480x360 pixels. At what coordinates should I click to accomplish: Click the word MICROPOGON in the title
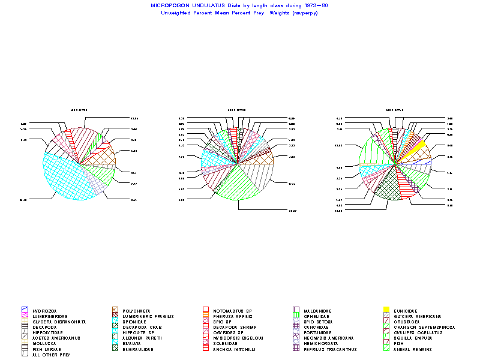pos(170,5)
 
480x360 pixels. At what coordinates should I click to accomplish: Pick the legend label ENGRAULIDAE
pos(137,349)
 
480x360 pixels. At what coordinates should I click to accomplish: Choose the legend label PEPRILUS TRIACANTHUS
pos(331,349)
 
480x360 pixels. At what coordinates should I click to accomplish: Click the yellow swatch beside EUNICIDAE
pos(386,311)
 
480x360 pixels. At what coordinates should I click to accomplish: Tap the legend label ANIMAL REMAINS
pos(414,349)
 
